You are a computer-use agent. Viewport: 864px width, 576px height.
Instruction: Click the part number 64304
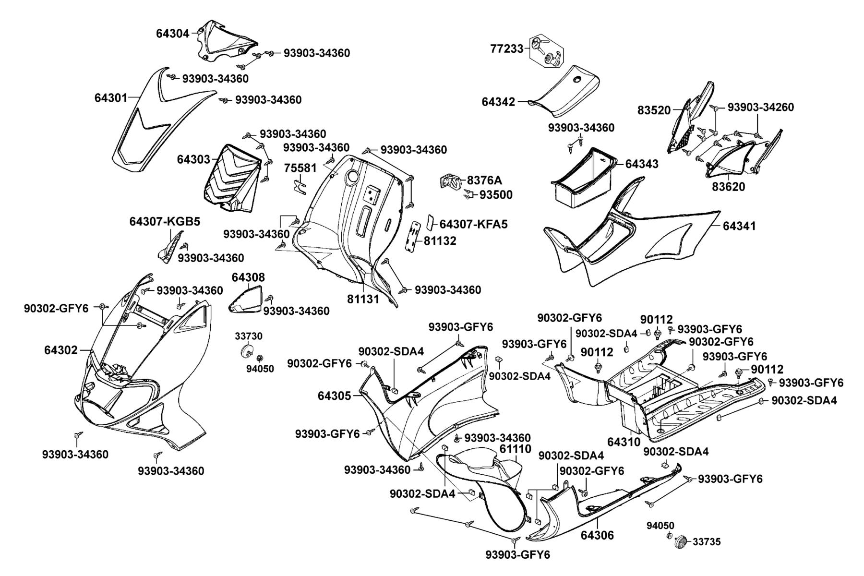click(173, 33)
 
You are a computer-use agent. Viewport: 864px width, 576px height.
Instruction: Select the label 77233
click(507, 48)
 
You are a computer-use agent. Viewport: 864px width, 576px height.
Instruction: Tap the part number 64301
click(111, 98)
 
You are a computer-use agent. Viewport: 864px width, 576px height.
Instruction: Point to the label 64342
click(499, 102)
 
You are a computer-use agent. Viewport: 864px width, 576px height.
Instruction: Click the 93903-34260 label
click(761, 107)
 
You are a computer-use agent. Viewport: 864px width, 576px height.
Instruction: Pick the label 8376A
click(484, 180)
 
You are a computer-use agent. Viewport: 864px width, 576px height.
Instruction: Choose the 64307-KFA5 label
click(473, 224)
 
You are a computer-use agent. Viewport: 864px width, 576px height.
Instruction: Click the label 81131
click(363, 299)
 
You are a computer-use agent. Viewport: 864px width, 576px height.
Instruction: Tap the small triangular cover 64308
click(246, 299)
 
